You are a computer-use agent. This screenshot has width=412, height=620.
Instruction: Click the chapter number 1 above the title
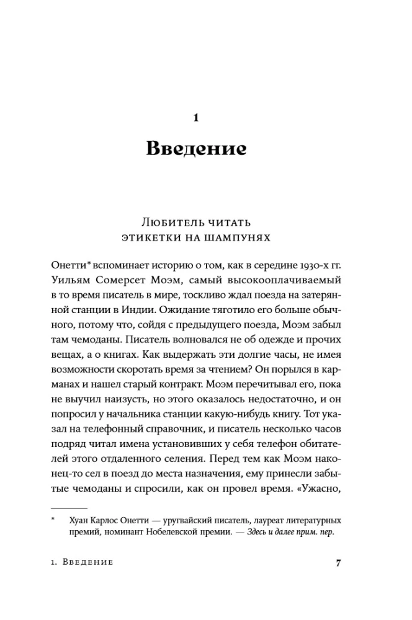pos(196,116)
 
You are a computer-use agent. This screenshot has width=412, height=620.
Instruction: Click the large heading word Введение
pos(196,149)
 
